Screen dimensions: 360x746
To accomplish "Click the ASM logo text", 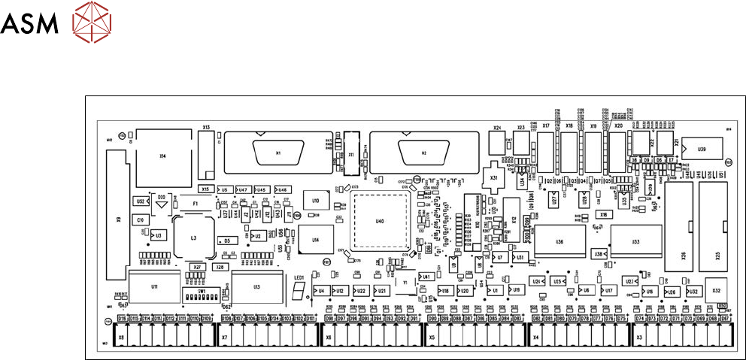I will tap(29, 25).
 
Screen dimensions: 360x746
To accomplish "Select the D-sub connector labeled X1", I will tap(278, 153).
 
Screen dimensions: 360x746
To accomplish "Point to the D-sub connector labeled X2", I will tap(423, 153).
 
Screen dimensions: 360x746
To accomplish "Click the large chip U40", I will tap(380, 222).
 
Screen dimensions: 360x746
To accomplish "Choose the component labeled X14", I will tap(162, 156).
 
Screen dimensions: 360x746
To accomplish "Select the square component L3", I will tap(193, 237).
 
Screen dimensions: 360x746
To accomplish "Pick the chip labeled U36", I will tap(559, 242).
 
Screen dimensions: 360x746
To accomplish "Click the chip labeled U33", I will tap(635, 241).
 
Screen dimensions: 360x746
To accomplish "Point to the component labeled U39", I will tap(701, 150).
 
